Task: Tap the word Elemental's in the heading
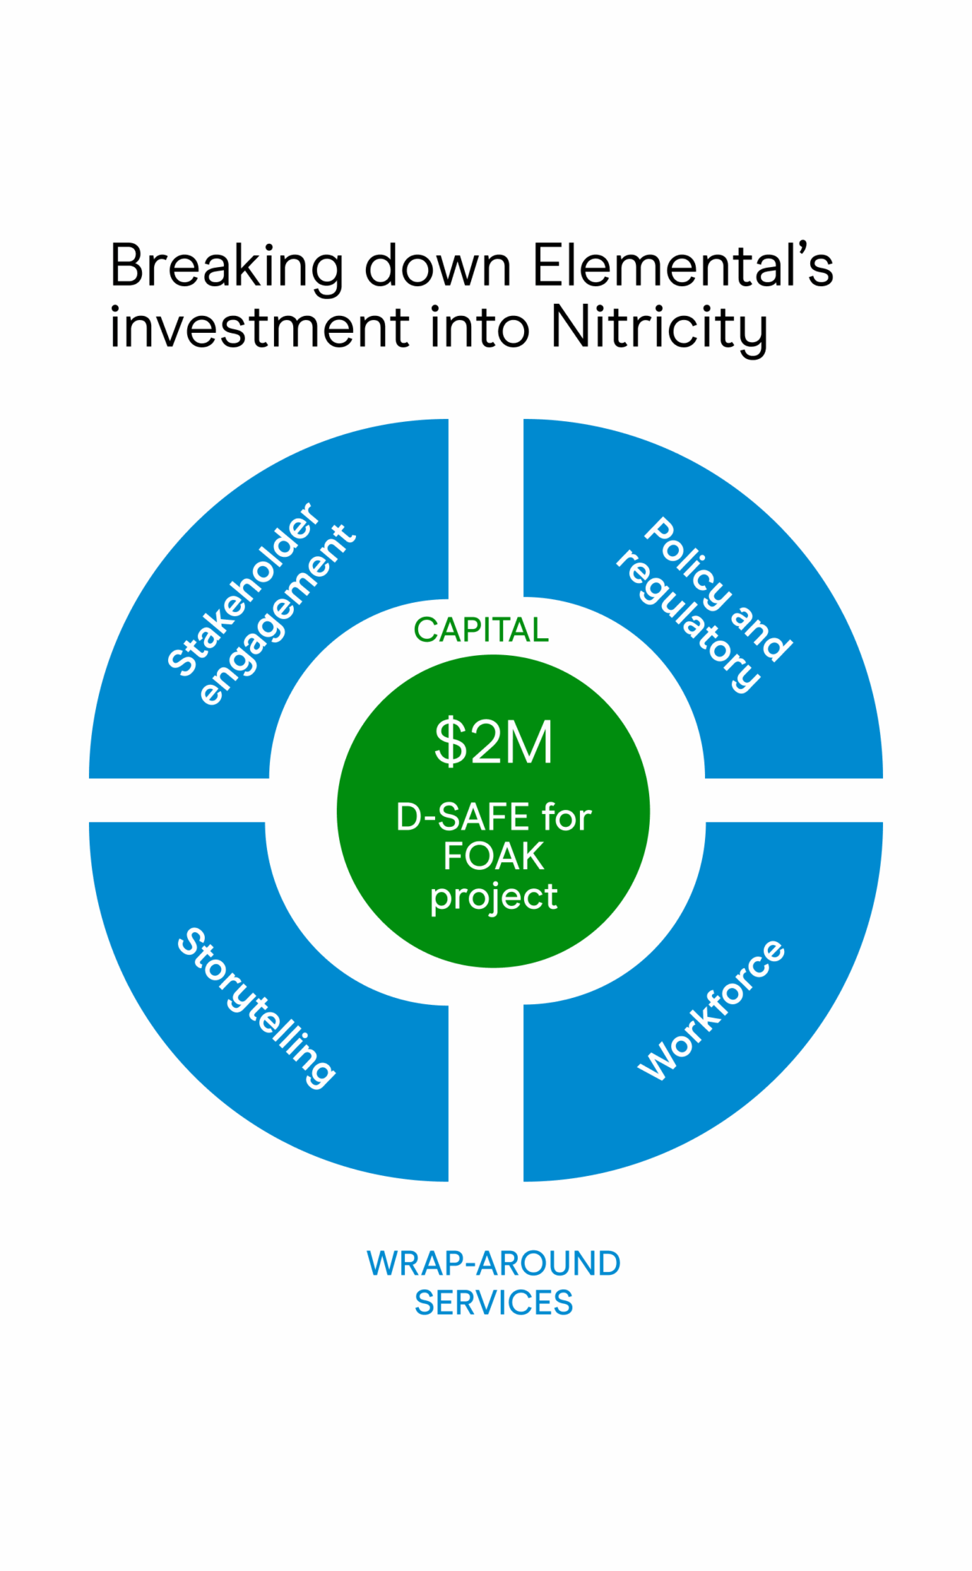[x=682, y=265]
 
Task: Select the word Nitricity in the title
[x=658, y=328]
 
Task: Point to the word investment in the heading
[x=259, y=328]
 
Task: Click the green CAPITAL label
[x=481, y=631]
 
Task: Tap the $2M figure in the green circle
[x=493, y=743]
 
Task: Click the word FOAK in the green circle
[x=493, y=857]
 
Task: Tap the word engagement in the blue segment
[x=277, y=614]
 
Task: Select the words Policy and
[x=717, y=589]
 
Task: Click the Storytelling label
[x=256, y=1007]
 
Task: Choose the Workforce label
[x=711, y=1009]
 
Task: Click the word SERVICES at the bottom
[x=493, y=1303]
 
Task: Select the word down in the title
[x=437, y=267]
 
